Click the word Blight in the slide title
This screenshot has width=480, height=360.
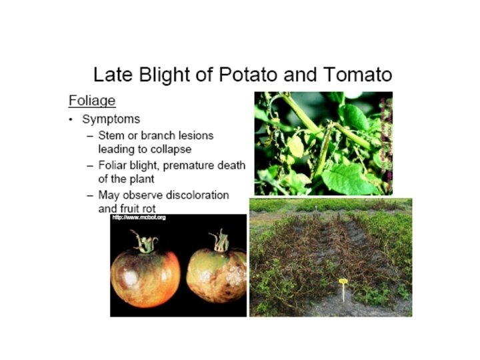pyautogui.click(x=157, y=74)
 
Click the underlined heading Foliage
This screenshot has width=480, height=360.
pyautogui.click(x=92, y=101)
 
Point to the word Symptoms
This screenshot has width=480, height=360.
pyautogui.click(x=111, y=119)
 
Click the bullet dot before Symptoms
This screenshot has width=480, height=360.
pyautogui.click(x=71, y=120)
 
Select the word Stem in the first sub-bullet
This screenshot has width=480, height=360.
pyautogui.click(x=111, y=135)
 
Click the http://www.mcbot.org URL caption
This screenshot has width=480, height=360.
pyautogui.click(x=139, y=218)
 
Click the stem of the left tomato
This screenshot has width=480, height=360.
pyautogui.click(x=143, y=241)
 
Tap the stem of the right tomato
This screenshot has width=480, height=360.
pyautogui.click(x=218, y=240)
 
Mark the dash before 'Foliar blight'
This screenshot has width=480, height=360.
pyautogui.click(x=90, y=165)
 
